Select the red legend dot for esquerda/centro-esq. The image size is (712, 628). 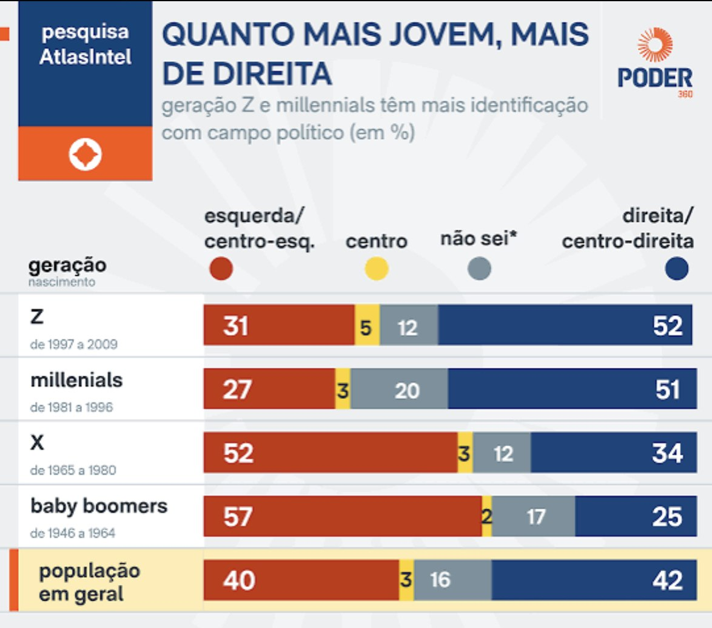[221, 269]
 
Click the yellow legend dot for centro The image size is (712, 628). [377, 269]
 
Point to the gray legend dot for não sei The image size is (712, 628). [480, 269]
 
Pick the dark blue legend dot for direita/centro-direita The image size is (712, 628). [676, 269]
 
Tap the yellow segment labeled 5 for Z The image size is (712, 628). [367, 327]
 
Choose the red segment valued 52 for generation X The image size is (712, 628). [331, 453]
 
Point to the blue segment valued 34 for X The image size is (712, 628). [613, 453]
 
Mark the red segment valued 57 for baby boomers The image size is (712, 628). [343, 516]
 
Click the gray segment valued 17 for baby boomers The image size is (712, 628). [533, 516]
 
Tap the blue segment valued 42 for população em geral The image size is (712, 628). [594, 580]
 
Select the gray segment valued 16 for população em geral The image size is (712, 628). [452, 580]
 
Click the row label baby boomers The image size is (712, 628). [99, 506]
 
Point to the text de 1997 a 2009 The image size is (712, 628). [73, 344]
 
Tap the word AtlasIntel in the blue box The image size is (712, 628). [85, 57]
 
